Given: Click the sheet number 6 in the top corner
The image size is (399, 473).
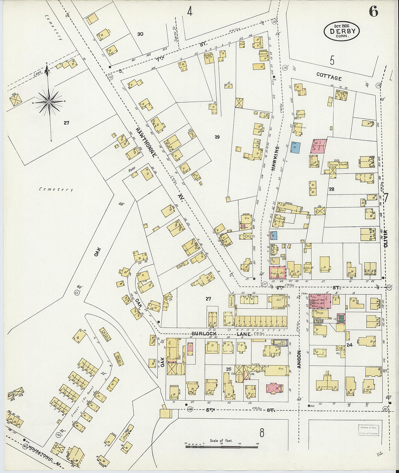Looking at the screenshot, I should [x=373, y=12].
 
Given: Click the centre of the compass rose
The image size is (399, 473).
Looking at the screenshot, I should [x=49, y=102].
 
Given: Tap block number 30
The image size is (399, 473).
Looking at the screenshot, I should [x=140, y=34].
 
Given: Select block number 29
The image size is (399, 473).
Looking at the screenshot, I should [x=217, y=137].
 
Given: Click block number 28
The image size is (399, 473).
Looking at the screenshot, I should [x=331, y=189].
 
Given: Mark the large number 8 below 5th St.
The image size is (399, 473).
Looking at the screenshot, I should [x=262, y=432].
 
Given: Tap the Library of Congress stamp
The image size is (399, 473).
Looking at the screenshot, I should [x=367, y=430].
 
